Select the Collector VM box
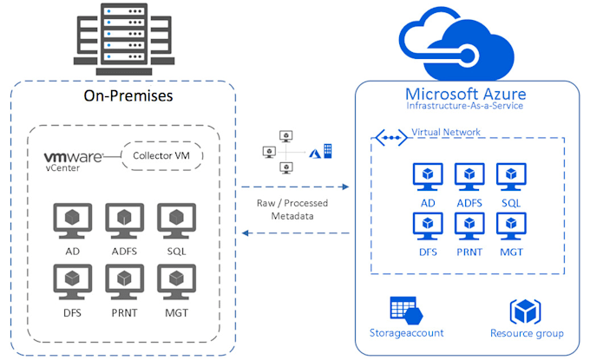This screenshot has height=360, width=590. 161,156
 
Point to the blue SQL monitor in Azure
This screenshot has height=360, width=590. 509,176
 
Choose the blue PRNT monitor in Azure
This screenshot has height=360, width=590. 469,224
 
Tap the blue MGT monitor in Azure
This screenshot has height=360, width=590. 509,224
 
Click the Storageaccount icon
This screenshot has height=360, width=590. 405,310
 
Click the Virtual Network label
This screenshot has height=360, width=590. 446,132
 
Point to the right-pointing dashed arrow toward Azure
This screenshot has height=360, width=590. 294,187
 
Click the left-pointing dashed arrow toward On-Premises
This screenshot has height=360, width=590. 294,232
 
